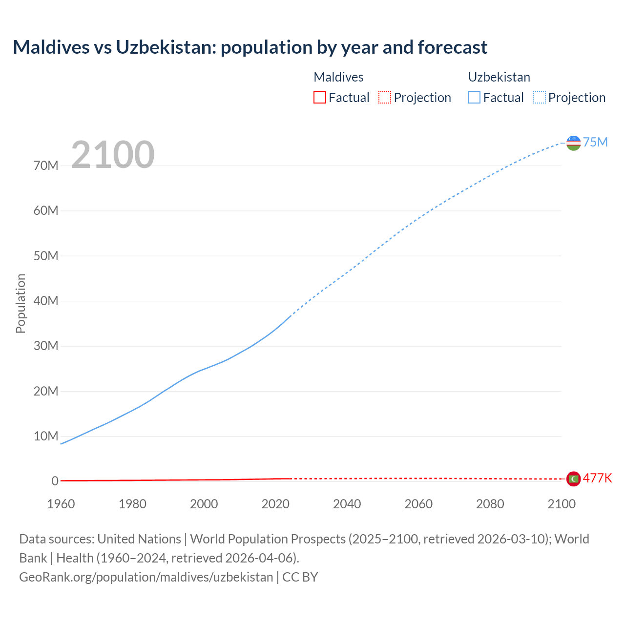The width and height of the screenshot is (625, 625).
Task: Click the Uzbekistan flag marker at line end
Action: pos(573,143)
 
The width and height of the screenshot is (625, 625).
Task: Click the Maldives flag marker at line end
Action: pos(573,479)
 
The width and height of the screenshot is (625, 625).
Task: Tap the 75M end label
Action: pos(595,142)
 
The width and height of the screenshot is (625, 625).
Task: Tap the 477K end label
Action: pos(597,478)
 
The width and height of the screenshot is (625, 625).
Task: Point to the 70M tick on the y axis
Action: pos(46,166)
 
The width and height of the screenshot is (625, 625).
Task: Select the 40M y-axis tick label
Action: pos(46,301)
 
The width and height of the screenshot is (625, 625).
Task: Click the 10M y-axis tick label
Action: pos(46,436)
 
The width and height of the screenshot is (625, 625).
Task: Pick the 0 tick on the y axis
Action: pos(55,481)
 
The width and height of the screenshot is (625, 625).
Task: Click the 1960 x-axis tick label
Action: pos(61,504)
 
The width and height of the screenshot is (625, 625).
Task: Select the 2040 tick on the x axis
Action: pos(347,504)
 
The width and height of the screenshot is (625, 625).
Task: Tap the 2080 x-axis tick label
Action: pos(490,504)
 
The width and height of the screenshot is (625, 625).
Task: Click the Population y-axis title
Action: pos(21,303)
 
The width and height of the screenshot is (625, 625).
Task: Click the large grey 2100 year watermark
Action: pos(113,155)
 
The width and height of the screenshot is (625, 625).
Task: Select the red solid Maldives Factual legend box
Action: pos(319,97)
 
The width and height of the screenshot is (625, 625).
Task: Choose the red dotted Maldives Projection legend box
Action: pos(385,97)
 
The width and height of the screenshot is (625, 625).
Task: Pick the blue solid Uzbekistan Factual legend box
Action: pos(474,97)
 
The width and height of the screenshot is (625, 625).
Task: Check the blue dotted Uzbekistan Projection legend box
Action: pos(539,97)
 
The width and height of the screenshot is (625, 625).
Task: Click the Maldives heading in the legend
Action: pos(338,77)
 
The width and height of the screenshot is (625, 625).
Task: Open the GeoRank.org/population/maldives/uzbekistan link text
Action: pos(146,577)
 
